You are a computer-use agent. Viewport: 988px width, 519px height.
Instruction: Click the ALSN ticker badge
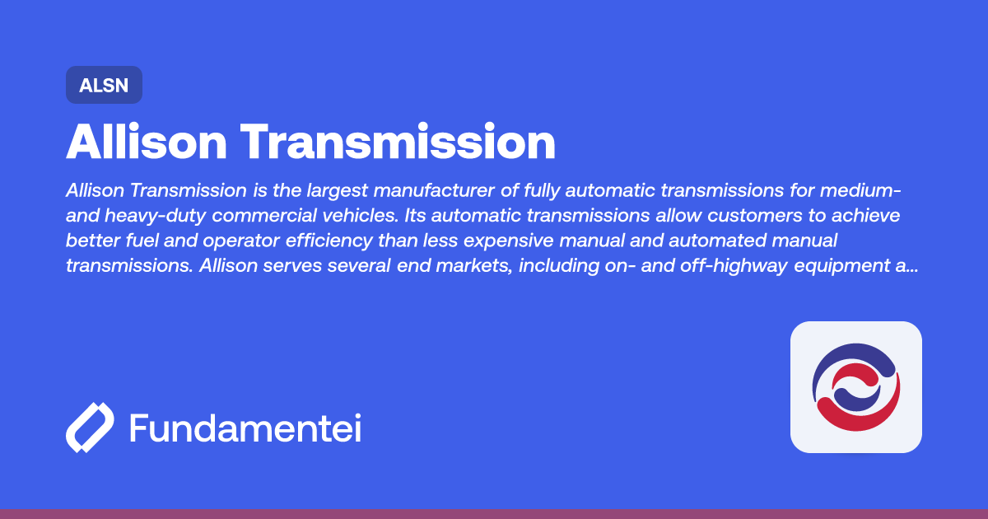pos(104,85)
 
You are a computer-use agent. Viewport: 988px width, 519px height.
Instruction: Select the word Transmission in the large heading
pos(401,143)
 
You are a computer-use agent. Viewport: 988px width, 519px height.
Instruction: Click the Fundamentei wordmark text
pos(245,428)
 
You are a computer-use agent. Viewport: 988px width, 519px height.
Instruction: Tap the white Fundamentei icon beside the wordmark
pos(89,428)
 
